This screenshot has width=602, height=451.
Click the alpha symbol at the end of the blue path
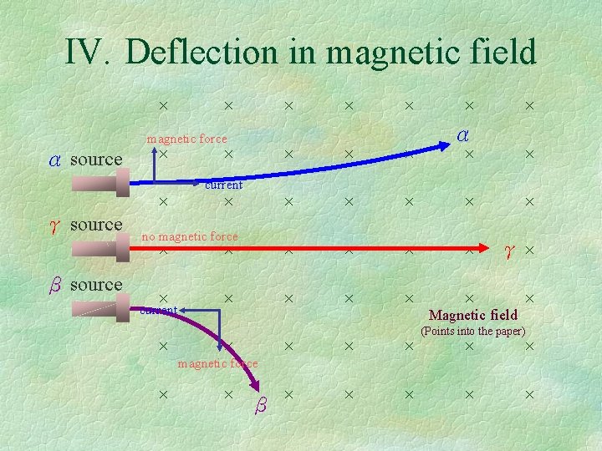[462, 134]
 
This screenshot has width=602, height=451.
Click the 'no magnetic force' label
[190, 236]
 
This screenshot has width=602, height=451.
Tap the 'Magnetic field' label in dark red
[472, 315]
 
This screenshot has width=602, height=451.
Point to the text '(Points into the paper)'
[472, 331]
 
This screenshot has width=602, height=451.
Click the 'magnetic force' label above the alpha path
[186, 139]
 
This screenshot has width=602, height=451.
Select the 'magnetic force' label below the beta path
[217, 363]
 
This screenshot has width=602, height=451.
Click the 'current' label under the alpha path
[223, 185]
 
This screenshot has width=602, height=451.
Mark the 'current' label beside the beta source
[158, 311]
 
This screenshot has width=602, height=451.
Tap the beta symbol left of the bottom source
[54, 285]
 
